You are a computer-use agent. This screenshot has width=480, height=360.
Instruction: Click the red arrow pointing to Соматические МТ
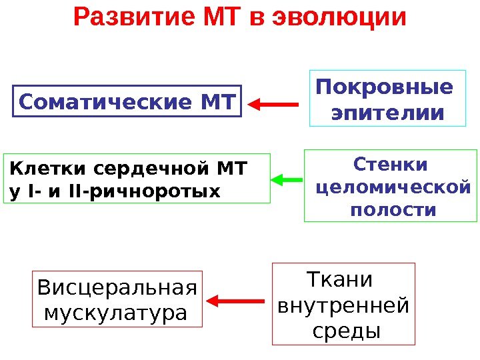[273, 104]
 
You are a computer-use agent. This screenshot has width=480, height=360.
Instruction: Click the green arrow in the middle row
[287, 179]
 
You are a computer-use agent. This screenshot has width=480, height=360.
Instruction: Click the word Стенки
[390, 164]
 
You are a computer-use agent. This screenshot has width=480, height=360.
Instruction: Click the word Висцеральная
[117, 288]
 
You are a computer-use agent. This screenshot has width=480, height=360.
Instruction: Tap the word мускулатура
[114, 311]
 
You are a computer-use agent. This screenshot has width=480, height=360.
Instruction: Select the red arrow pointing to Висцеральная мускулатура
[238, 302]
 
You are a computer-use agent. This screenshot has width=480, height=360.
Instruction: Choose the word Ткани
[339, 279]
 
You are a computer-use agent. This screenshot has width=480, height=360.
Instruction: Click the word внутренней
[343, 305]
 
